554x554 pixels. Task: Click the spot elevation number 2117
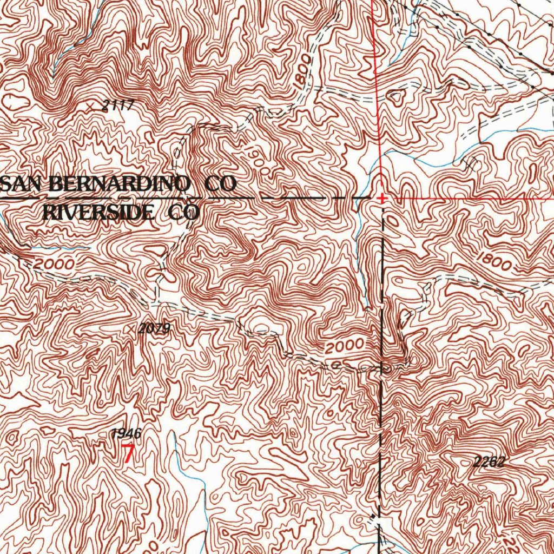point(118,106)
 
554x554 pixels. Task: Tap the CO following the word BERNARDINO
point(220,184)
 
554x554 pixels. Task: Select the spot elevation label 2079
point(154,328)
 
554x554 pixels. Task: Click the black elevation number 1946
point(126,433)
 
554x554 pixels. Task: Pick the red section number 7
point(128,453)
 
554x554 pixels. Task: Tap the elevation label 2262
point(488,461)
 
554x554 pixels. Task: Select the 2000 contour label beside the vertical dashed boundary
point(345,346)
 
